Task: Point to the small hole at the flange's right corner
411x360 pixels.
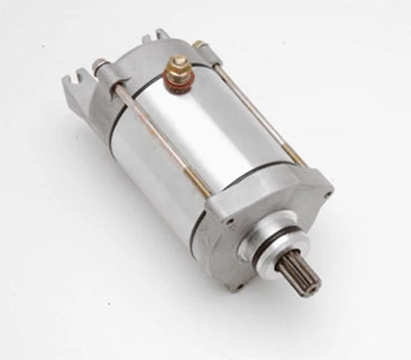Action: (x=328, y=195)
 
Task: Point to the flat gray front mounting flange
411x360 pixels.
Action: (x=288, y=205)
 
